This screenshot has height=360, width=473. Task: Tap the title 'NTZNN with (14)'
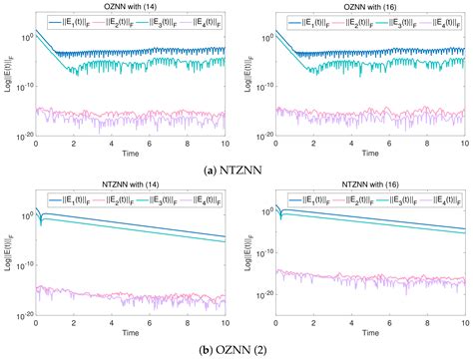tap(130, 187)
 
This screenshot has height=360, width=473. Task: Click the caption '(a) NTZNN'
tap(236, 167)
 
